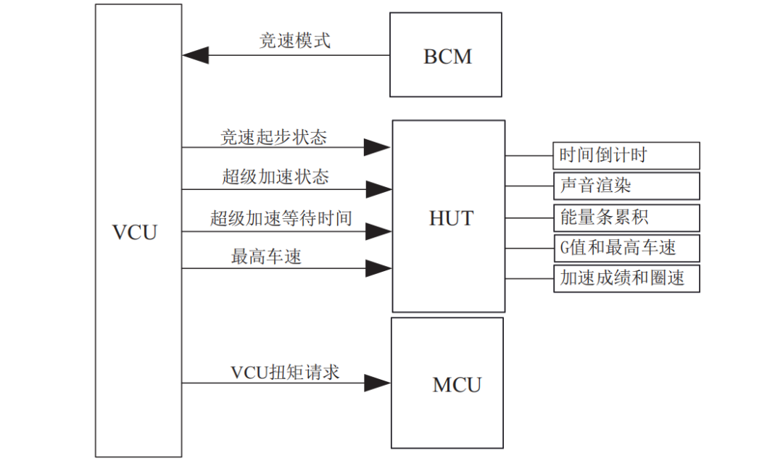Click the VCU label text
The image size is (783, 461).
(135, 233)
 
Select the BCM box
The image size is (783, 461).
(445, 55)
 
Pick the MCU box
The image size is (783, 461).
(447, 383)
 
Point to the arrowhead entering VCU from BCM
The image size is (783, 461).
(195, 55)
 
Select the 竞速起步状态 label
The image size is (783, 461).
(273, 136)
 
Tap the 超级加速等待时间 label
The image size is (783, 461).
(281, 218)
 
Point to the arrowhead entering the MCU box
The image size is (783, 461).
(377, 383)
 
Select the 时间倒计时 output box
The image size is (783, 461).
(626, 155)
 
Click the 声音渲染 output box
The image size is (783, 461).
(626, 186)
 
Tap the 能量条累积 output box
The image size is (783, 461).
(626, 217)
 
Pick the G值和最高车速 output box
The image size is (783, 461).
(626, 248)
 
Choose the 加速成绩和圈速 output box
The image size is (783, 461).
(626, 278)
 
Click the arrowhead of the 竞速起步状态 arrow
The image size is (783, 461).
(377, 148)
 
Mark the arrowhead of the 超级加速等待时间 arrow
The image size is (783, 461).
(378, 232)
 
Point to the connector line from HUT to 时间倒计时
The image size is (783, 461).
(529, 155)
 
